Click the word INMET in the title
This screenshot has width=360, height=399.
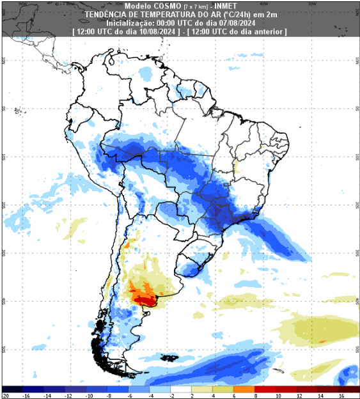pyautogui.click(x=223, y=6)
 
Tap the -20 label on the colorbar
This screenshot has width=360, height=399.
pyautogui.click(x=5, y=396)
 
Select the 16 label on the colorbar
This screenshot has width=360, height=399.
pyautogui.click(x=340, y=396)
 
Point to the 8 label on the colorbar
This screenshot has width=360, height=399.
pyautogui.click(x=256, y=396)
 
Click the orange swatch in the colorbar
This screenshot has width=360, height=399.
pyautogui.click(x=244, y=389)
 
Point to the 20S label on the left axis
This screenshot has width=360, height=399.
pyautogui.click(x=4, y=205)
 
